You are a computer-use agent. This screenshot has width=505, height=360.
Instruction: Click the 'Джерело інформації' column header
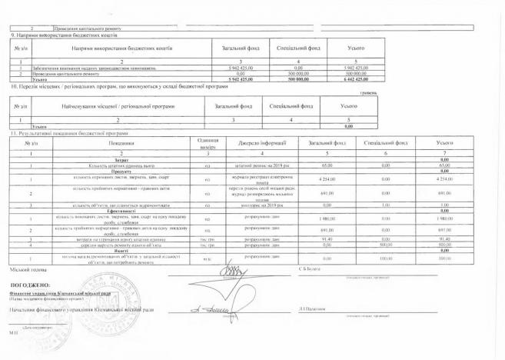tap(261, 143)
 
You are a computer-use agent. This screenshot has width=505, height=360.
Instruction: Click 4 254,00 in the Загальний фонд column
tap(327, 179)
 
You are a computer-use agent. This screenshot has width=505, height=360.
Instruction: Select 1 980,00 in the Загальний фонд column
tap(327, 218)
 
